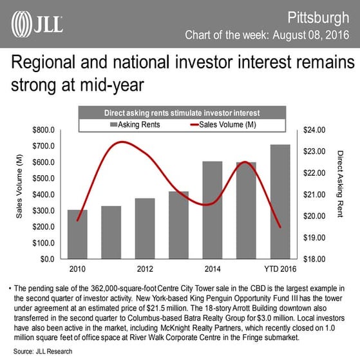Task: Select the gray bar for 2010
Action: pos(77,234)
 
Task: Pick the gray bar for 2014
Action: pos(212,210)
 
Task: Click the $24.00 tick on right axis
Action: pos(316,131)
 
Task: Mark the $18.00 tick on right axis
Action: pos(316,259)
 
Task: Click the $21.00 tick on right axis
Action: pos(316,195)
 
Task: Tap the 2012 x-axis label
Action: pos(145,268)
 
